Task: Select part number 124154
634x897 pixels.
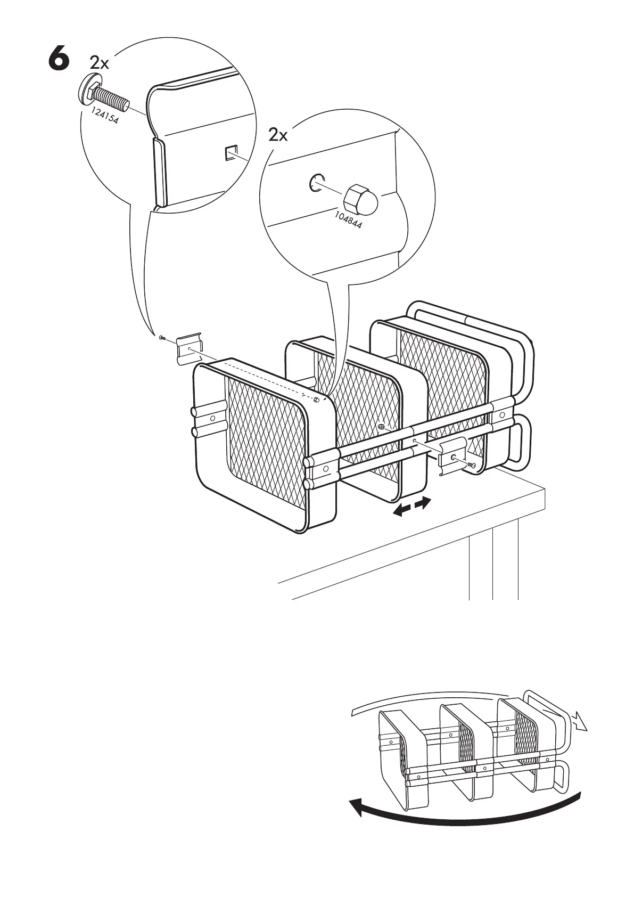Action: [x=104, y=117]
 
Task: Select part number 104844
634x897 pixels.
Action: [x=348, y=219]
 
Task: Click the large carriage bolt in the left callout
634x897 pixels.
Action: [x=104, y=96]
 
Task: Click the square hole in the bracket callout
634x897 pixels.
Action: [x=231, y=153]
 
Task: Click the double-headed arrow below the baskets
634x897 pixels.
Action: [x=411, y=506]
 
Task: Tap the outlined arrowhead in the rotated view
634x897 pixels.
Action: [x=581, y=722]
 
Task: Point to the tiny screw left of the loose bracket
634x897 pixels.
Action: [x=162, y=338]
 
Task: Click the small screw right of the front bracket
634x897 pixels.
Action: [x=472, y=466]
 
